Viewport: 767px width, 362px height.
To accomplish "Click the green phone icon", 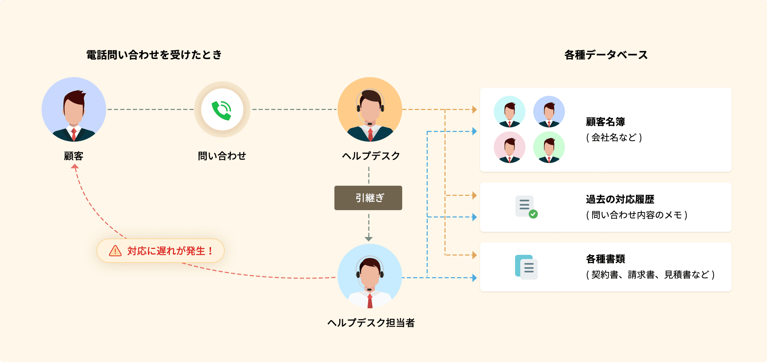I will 222,110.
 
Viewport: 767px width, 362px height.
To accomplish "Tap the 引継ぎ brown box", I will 368,198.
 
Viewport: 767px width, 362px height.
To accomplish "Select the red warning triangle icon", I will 115,251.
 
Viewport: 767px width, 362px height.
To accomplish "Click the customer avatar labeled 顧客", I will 74,109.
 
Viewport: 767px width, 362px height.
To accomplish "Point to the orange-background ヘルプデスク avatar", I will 370,109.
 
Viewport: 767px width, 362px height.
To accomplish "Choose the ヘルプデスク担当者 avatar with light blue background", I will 370,276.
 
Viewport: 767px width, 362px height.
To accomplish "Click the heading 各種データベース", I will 606,55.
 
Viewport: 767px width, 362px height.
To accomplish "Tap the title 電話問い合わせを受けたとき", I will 154,55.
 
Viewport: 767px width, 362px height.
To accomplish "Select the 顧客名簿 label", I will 605,122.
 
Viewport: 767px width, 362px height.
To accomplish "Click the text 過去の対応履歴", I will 620,199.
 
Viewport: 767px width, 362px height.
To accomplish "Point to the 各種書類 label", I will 605,259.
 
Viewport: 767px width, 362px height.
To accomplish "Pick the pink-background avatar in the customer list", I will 509,147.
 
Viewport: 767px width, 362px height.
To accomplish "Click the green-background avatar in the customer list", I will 549,147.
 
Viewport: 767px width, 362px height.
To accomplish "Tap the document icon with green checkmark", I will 526,207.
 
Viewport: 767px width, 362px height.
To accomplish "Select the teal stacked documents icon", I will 526,267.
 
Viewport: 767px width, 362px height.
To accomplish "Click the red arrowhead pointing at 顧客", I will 75,167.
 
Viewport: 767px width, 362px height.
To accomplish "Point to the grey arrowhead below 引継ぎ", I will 369,239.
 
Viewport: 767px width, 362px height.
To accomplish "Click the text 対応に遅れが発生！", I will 170,251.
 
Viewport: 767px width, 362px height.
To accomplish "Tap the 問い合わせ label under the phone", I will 222,156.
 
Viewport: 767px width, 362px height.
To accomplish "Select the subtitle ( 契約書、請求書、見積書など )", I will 650,275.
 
